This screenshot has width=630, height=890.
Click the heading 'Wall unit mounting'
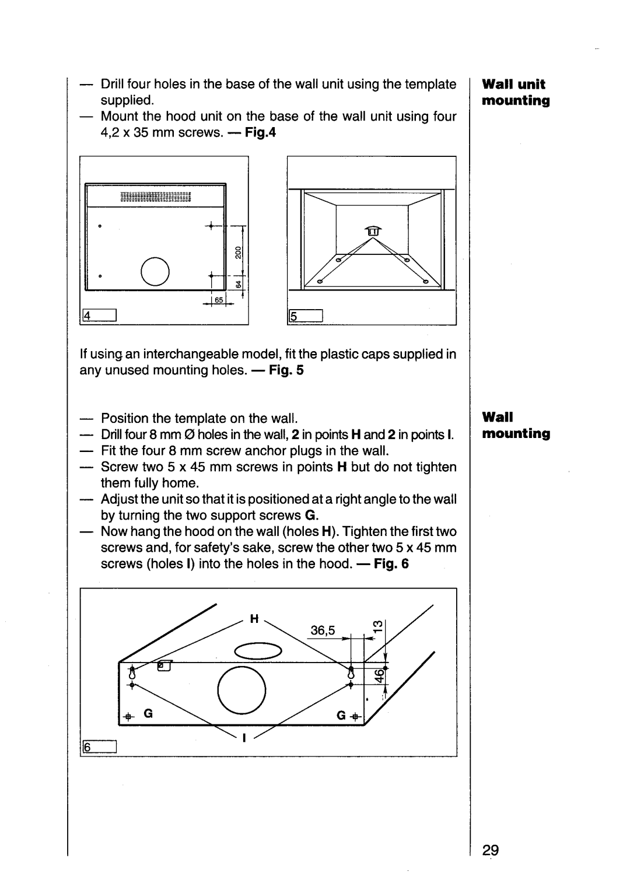(x=516, y=92)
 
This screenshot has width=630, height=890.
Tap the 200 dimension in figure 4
(x=238, y=253)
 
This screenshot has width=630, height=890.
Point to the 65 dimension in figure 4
(x=219, y=300)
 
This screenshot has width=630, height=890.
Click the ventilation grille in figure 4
(x=155, y=197)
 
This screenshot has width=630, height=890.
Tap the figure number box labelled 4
(x=99, y=315)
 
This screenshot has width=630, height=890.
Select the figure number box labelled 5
(x=306, y=316)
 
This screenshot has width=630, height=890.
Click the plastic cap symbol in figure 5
(x=372, y=230)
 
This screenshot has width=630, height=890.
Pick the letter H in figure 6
(x=254, y=618)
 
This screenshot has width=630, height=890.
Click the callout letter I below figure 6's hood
(x=244, y=738)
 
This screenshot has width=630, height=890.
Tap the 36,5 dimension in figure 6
(x=323, y=630)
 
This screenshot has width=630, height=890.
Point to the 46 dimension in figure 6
(x=380, y=675)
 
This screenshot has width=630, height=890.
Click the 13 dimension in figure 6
(x=379, y=626)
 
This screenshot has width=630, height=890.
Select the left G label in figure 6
(x=148, y=714)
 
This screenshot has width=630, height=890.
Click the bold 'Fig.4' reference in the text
(x=260, y=132)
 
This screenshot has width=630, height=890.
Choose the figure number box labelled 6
(x=99, y=747)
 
